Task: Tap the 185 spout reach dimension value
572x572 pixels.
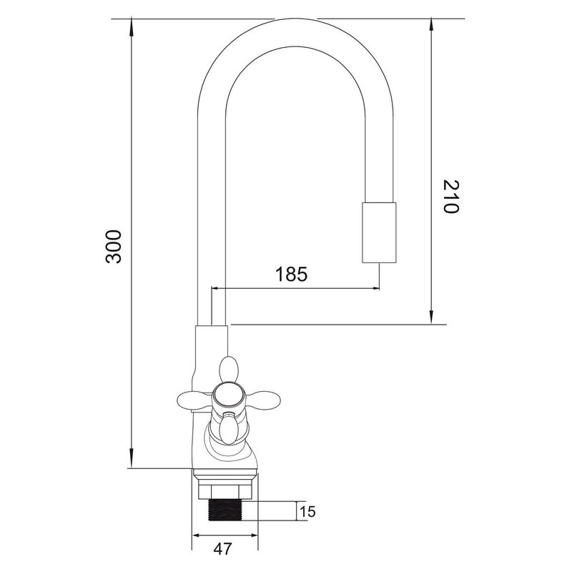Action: click(x=291, y=274)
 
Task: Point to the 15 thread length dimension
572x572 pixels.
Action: click(x=308, y=511)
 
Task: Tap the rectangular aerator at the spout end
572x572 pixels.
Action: click(x=378, y=232)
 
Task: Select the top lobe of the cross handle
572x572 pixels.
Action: click(x=229, y=369)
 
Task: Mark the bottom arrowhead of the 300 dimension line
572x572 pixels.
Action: click(x=132, y=462)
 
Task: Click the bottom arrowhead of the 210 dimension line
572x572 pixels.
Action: click(x=432, y=318)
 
